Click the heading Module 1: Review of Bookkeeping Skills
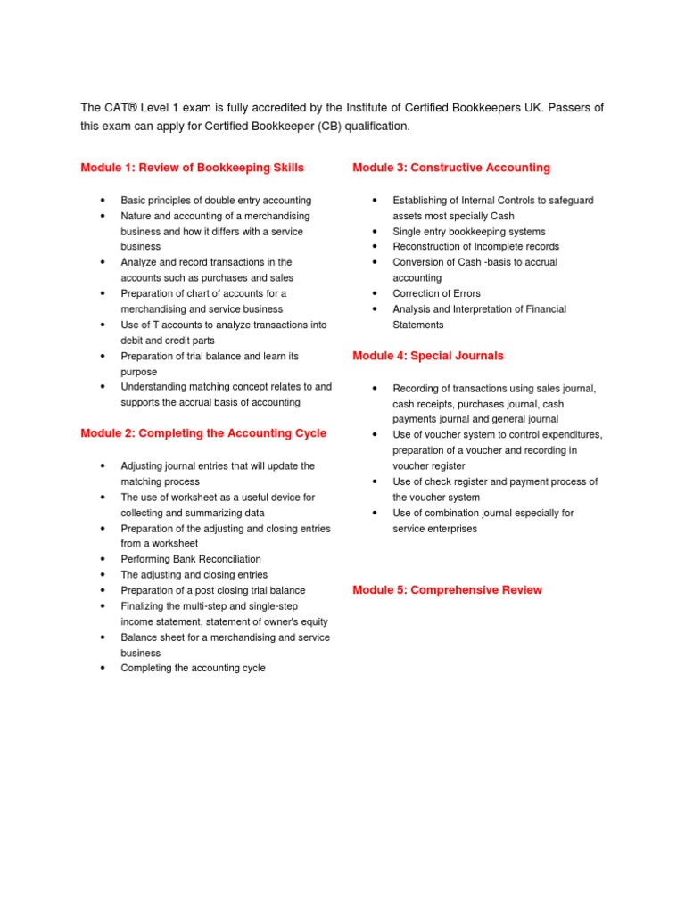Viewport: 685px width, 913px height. click(x=192, y=168)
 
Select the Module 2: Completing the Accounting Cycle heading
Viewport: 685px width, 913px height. click(x=203, y=433)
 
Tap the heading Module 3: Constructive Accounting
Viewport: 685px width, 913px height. click(x=451, y=168)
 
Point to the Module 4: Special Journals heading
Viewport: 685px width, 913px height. click(x=428, y=356)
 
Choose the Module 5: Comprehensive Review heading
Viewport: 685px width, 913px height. click(x=447, y=590)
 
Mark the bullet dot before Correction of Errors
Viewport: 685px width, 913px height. click(x=375, y=293)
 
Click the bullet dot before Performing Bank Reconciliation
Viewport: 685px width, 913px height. click(x=103, y=559)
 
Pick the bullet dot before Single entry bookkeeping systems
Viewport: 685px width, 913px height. click(x=375, y=231)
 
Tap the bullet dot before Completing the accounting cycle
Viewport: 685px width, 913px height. click(x=103, y=668)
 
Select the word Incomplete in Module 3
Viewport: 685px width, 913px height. click(x=503, y=247)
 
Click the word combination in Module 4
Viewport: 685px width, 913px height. click(x=457, y=513)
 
